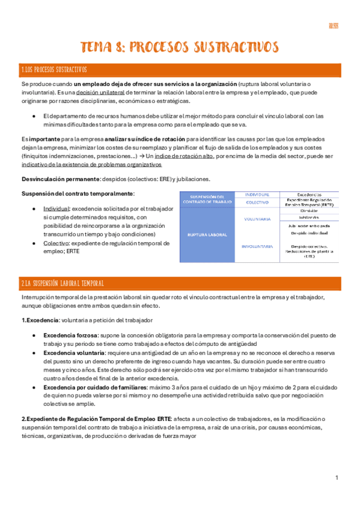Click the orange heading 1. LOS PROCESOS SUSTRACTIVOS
[x=54, y=69]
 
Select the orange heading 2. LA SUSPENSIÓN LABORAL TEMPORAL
[x=63, y=283]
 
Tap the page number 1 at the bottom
[x=337, y=478]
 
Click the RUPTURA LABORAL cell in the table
[x=207, y=235]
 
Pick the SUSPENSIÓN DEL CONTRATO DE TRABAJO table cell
[x=207, y=198]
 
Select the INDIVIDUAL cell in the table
[x=257, y=194]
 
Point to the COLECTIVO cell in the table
[x=257, y=203]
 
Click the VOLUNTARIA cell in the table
[x=257, y=219]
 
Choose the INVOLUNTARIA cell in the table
[x=257, y=246]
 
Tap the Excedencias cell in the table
[x=308, y=194]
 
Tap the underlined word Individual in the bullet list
[x=56, y=208]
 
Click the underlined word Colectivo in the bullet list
[x=56, y=243]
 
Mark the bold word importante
[x=46, y=138]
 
